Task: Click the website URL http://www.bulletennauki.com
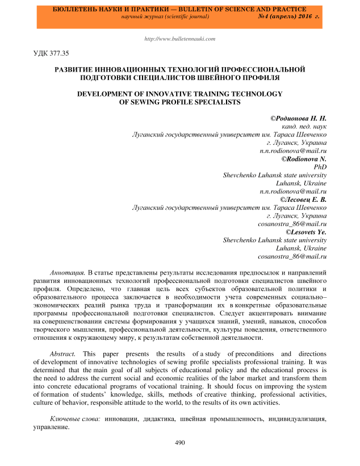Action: [x=181, y=39]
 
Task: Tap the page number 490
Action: [x=180, y=443]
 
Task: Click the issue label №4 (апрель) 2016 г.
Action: [x=288, y=18]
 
